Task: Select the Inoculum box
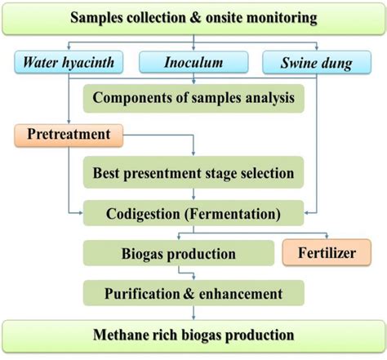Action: (x=194, y=61)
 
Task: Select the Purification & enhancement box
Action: (x=193, y=292)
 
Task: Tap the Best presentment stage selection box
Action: (x=193, y=173)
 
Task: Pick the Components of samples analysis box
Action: (x=193, y=99)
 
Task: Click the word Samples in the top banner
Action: (x=100, y=17)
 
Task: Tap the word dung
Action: (x=341, y=61)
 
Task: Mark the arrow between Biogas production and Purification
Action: (x=193, y=273)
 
